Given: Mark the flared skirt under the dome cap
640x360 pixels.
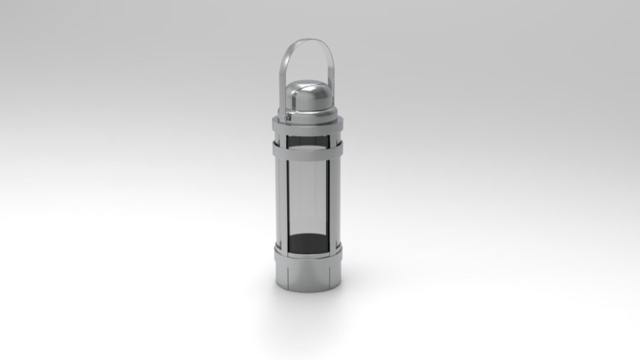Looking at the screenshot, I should point(307,115).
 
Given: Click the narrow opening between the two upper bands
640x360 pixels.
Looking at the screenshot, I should point(307,139).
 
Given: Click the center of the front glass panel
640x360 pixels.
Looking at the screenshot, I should point(307,200).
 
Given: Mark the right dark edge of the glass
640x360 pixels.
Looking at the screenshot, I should point(327,200).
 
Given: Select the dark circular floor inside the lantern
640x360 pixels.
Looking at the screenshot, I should point(307,244).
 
